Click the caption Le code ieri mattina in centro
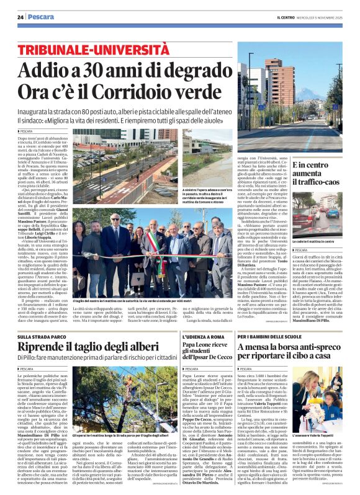[x=317, y=240]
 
